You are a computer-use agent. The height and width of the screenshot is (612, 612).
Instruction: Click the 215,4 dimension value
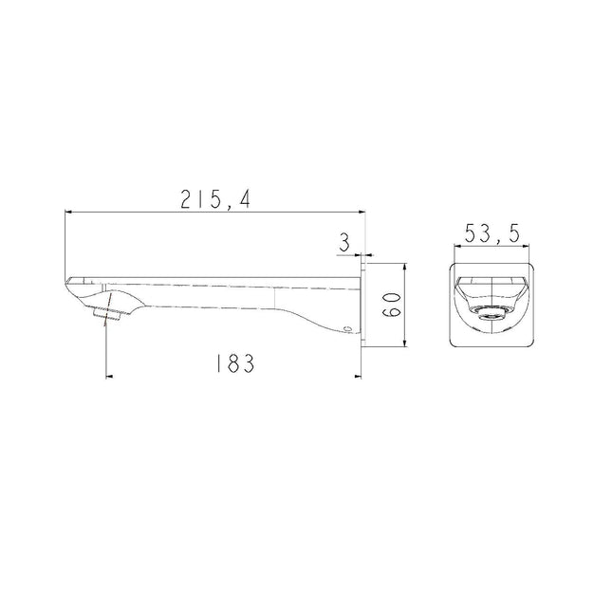pyautogui.click(x=215, y=199)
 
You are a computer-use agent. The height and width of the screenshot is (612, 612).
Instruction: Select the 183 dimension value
pyautogui.click(x=235, y=363)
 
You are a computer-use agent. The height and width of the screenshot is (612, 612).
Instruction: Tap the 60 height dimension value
pyautogui.click(x=391, y=305)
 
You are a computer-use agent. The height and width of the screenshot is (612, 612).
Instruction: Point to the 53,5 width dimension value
pyautogui.click(x=492, y=233)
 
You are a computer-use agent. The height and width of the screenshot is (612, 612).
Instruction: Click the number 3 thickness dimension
pyautogui.click(x=344, y=243)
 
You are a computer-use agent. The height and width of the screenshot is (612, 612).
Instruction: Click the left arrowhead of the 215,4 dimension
pyautogui.click(x=68, y=212)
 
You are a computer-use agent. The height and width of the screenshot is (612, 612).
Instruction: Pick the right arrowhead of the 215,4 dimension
pyautogui.click(x=362, y=212)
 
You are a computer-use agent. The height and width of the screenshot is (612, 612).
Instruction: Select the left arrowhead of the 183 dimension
pyautogui.click(x=110, y=377)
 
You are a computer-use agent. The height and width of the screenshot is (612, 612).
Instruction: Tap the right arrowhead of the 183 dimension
pyautogui.click(x=358, y=377)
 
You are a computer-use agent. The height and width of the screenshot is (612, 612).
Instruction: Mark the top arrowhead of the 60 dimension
pyautogui.click(x=405, y=267)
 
